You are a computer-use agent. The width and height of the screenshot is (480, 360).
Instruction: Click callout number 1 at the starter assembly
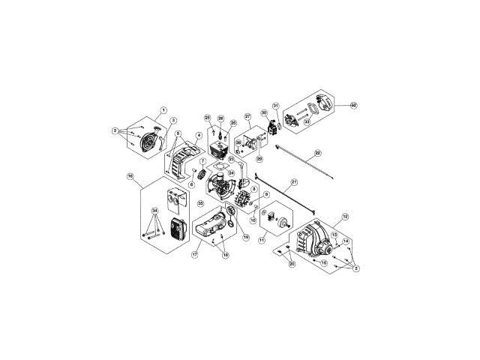click(163, 110)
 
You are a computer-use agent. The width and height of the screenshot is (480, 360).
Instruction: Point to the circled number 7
click(202, 162)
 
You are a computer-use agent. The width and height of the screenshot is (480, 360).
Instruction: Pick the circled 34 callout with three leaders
click(155, 210)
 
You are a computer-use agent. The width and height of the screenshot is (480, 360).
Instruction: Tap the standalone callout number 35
click(200, 202)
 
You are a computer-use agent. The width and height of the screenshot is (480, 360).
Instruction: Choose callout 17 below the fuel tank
click(194, 255)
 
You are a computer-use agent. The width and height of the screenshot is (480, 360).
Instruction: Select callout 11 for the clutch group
click(262, 240)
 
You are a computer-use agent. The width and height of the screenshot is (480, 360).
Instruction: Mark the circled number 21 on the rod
click(294, 182)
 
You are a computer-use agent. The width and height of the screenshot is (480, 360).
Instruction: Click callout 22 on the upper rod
click(317, 153)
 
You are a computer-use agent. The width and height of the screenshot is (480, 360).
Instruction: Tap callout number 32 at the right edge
click(353, 106)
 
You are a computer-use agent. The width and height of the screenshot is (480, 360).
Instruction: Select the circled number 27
click(247, 117)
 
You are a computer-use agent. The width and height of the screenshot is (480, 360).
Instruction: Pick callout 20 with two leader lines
click(292, 263)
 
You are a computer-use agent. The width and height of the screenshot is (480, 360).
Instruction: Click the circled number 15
click(324, 264)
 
